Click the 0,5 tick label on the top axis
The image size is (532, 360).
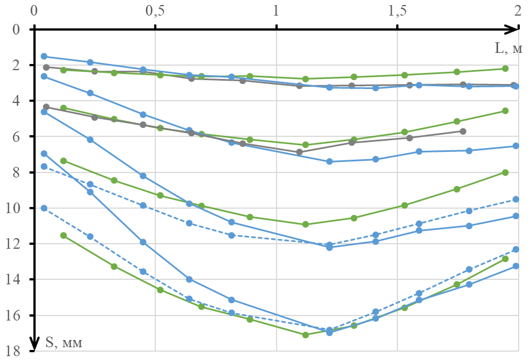coord(155,11)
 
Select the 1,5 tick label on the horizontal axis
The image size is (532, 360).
coord(397,11)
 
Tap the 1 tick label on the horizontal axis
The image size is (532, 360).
coord(276,11)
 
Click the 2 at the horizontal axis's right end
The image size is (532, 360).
coord(518,11)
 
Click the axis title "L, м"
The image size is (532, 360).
coord(509,48)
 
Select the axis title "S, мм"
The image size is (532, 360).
coord(63,343)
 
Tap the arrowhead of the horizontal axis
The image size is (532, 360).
coord(514,29)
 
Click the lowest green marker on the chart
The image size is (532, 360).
coord(305,335)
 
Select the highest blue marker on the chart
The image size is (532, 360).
coord(44,56)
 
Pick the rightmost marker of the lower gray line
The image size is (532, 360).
coord(463,131)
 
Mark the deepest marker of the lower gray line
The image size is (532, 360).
coord(299,152)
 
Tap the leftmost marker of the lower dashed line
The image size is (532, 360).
coord(44,208)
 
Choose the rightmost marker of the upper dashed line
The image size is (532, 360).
coord(516,199)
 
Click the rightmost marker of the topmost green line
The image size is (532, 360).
coord(505,68)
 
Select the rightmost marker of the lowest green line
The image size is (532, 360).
coord(505,259)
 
